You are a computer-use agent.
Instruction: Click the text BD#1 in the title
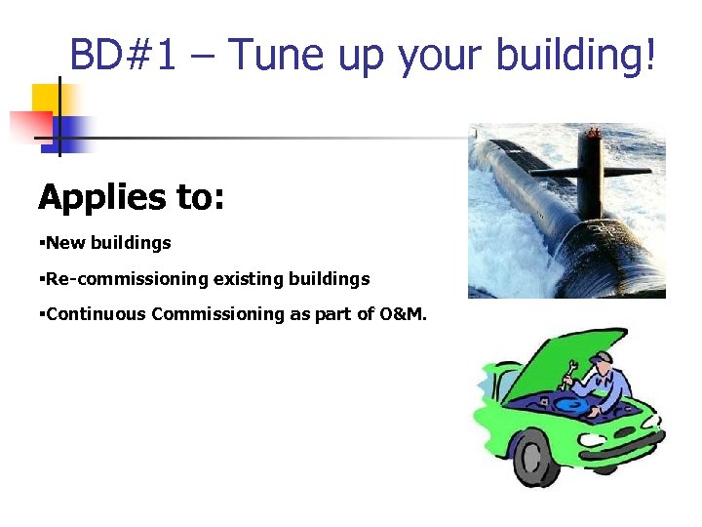pyautogui.click(x=124, y=57)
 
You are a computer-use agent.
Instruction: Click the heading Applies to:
pyautogui.click(x=132, y=198)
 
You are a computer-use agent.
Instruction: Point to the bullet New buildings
pyautogui.click(x=107, y=243)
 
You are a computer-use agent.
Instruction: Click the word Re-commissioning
pyautogui.click(x=125, y=279)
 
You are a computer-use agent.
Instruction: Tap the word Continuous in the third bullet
pyautogui.click(x=96, y=314)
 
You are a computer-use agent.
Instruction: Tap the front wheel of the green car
pyautogui.click(x=535, y=454)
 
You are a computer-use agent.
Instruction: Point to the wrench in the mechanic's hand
pyautogui.click(x=568, y=372)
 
